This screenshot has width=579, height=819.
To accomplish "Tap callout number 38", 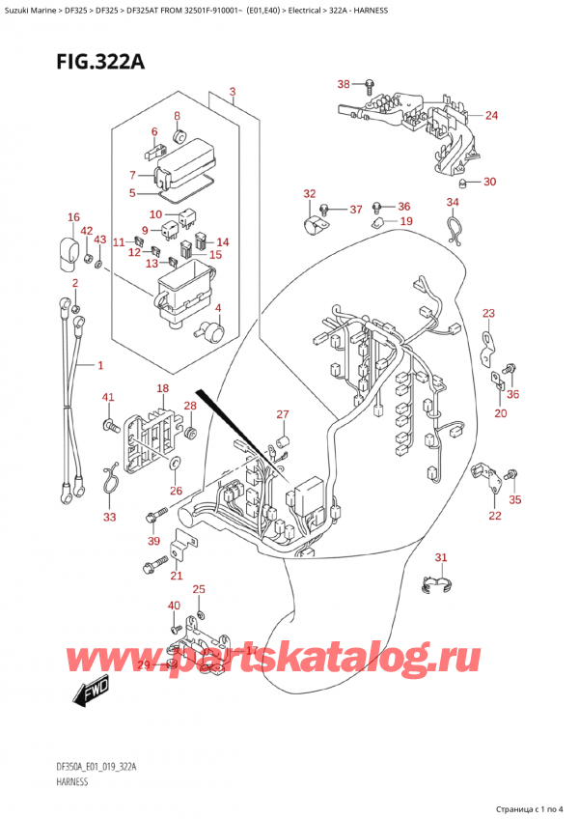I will [344, 84].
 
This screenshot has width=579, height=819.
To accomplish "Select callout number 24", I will [491, 116].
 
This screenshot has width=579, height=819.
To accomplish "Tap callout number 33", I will [109, 518].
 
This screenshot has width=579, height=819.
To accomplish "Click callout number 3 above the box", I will [233, 94].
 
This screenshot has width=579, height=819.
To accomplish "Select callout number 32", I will [309, 194].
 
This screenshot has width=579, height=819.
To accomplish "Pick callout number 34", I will [453, 202].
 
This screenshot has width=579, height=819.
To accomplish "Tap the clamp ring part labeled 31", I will [437, 585].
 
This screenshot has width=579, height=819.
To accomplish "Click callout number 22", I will [495, 516].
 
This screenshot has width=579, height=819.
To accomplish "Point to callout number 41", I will [108, 398].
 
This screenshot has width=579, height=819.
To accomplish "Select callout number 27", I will [282, 415].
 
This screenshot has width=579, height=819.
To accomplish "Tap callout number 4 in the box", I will [218, 309].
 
